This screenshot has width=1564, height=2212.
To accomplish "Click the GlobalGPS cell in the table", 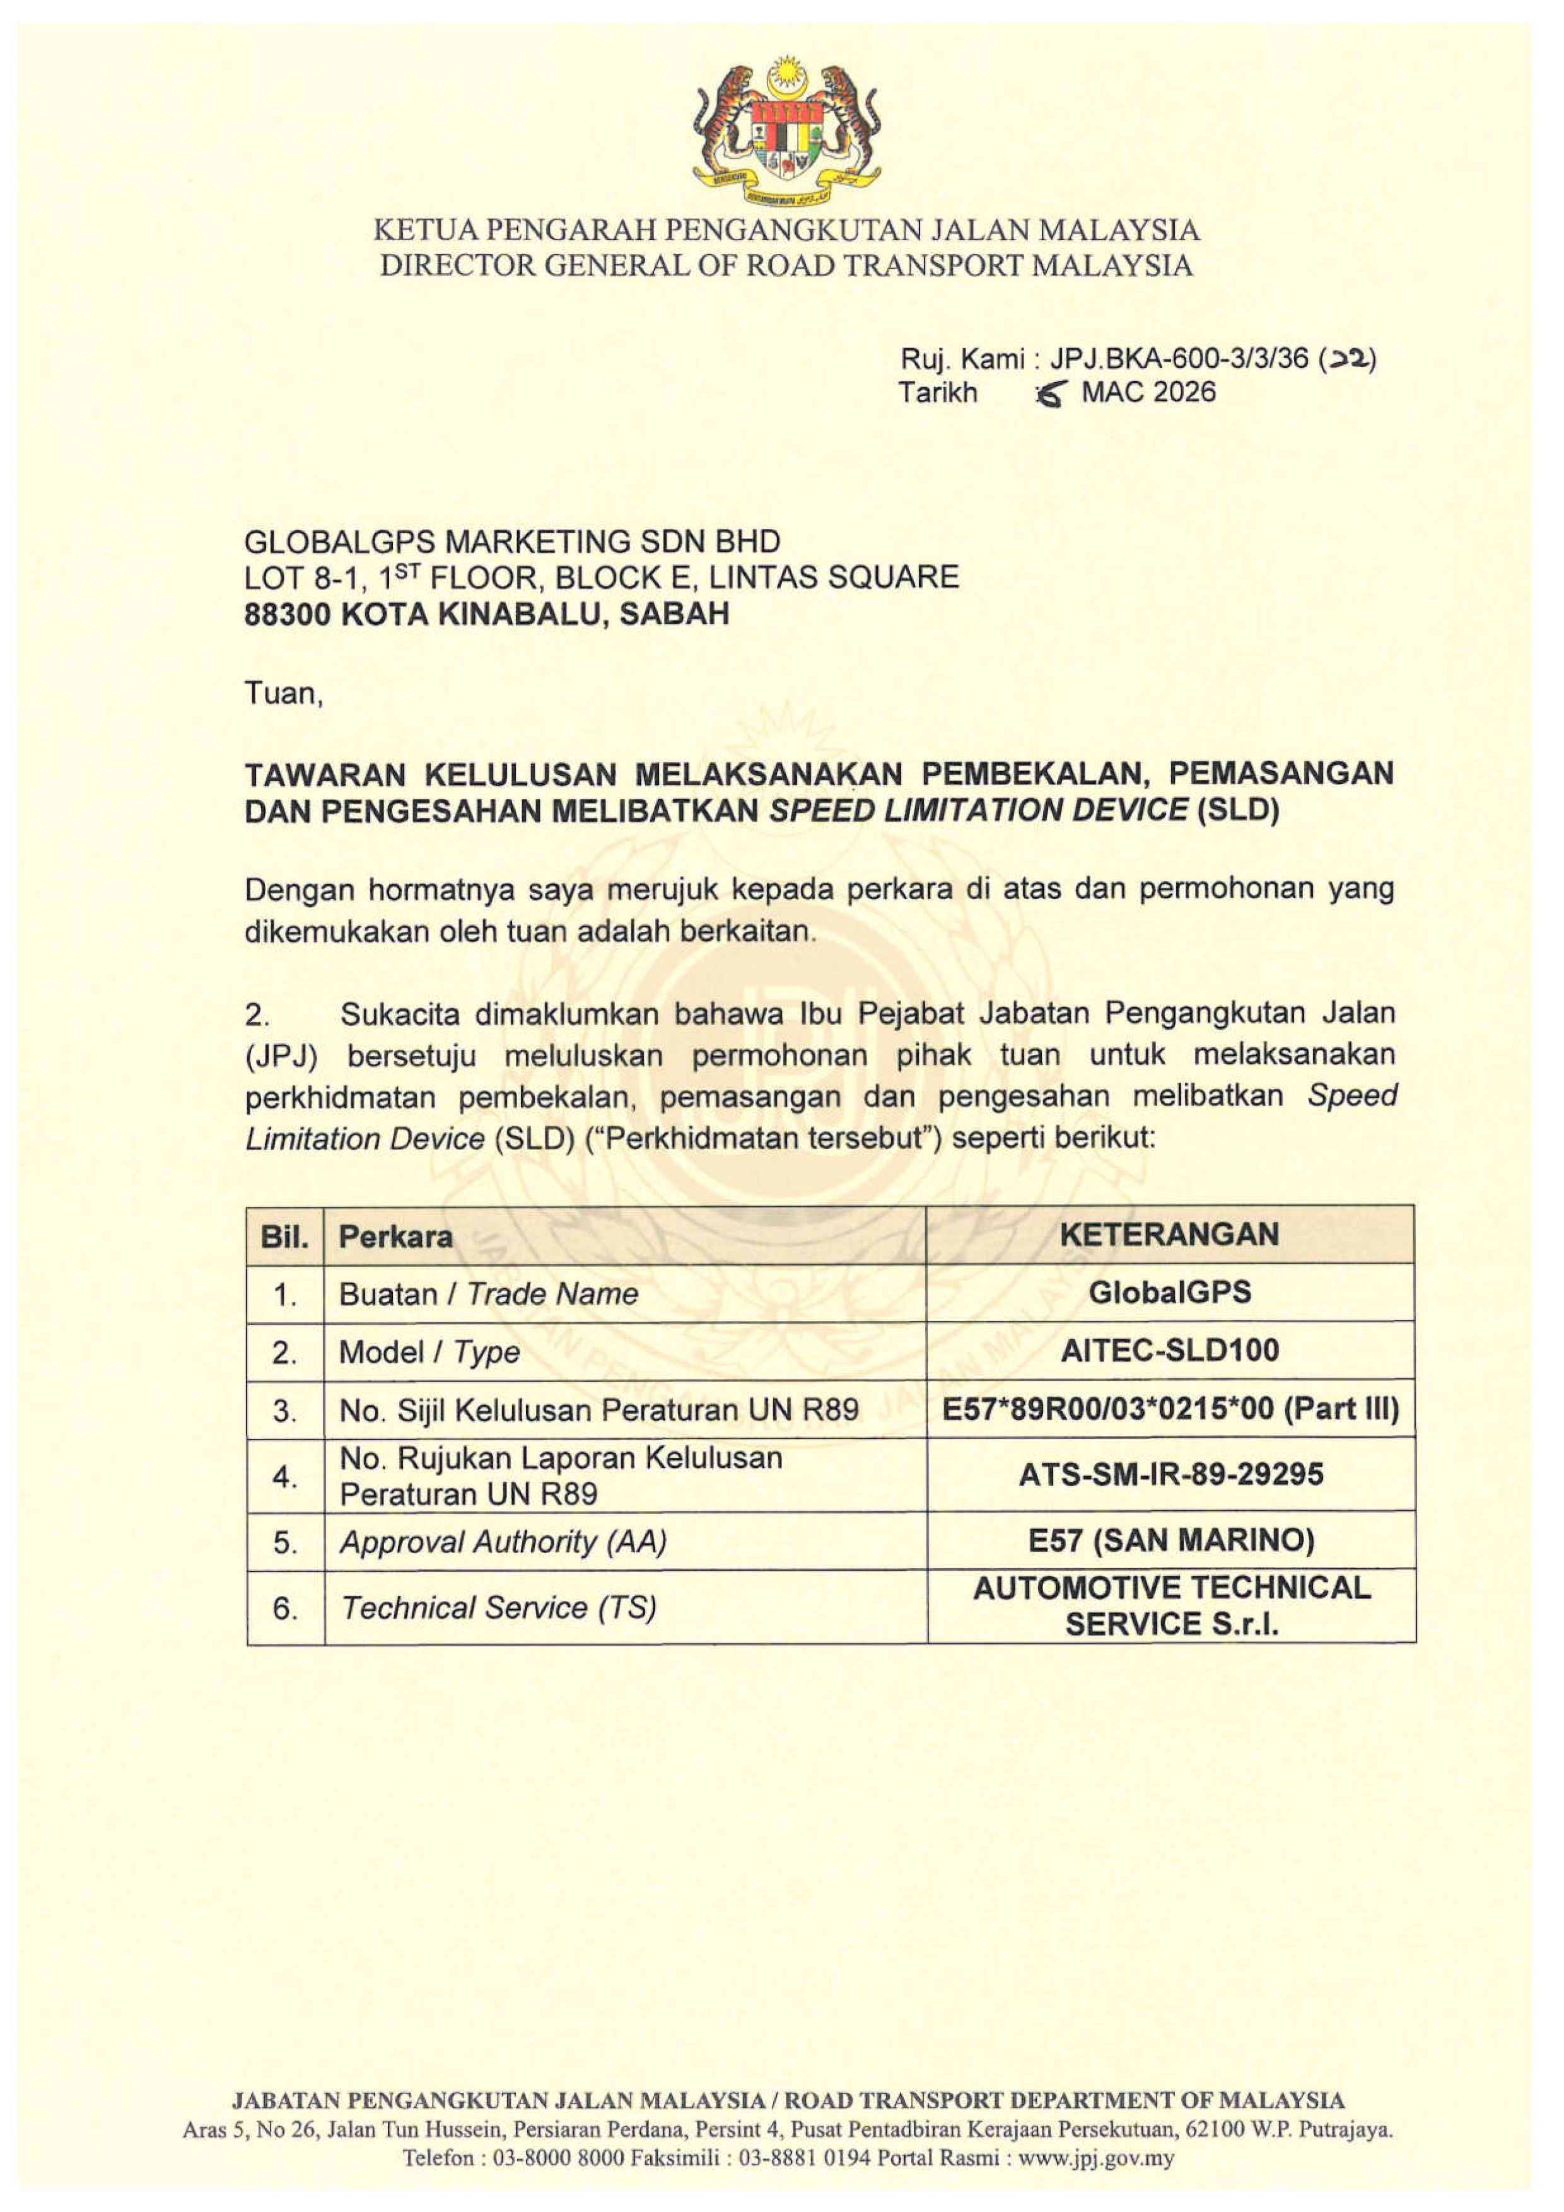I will (x=1169, y=1292).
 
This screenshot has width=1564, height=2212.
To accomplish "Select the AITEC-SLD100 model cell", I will (x=1169, y=1350).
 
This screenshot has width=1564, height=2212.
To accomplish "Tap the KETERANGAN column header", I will (x=1169, y=1234).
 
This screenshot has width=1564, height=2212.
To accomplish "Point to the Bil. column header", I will (x=284, y=1236).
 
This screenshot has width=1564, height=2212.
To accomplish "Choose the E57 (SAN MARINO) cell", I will (x=1170, y=1540).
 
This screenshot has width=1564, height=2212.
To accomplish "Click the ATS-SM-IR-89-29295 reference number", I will (x=1170, y=1474).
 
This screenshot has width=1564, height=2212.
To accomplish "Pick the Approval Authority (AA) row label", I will (x=502, y=1542).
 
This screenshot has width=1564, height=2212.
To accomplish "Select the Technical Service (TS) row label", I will (x=498, y=1607).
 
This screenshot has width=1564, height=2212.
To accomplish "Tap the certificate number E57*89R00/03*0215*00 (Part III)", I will (x=1170, y=1409).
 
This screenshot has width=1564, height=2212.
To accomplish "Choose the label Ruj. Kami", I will (x=960, y=359).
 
